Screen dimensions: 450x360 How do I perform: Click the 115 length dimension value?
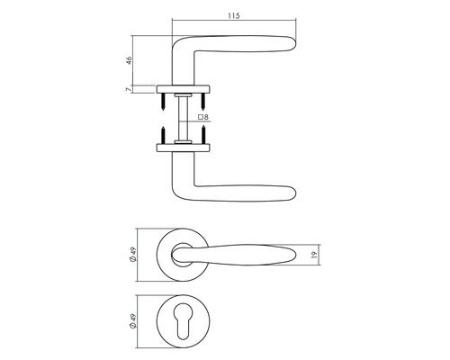tap(234, 16)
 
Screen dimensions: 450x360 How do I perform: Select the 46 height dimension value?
tap(129, 60)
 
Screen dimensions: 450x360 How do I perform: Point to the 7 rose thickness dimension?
tap(129, 89)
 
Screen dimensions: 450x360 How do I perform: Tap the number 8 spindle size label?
tap(206, 117)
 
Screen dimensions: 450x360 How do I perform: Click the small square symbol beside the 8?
tap(201, 117)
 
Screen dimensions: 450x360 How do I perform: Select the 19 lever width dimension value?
tap(314, 255)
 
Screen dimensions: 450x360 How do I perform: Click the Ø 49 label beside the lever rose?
tap(133, 255)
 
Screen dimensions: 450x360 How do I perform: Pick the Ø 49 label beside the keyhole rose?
tap(133, 321)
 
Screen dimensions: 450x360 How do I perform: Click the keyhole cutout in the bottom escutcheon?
tap(183, 321)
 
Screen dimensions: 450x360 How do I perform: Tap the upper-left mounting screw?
tap(163, 102)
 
